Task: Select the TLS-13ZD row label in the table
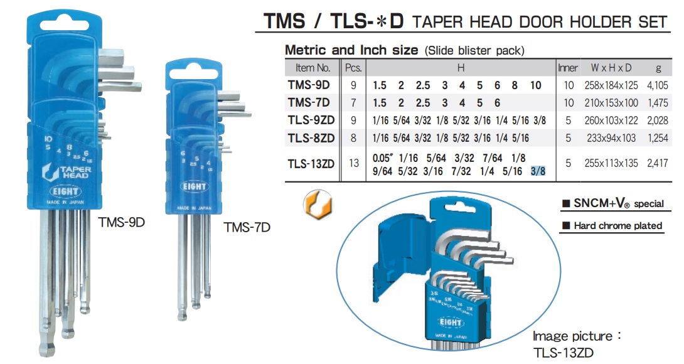click(311, 164)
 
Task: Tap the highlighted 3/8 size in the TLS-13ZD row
click(538, 170)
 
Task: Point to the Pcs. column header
click(353, 68)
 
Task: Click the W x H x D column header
click(607, 68)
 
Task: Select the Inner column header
click(568, 68)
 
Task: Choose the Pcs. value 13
click(353, 164)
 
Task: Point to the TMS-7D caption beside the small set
click(247, 227)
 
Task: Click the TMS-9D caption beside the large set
click(122, 222)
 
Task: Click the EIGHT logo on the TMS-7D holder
click(194, 186)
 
